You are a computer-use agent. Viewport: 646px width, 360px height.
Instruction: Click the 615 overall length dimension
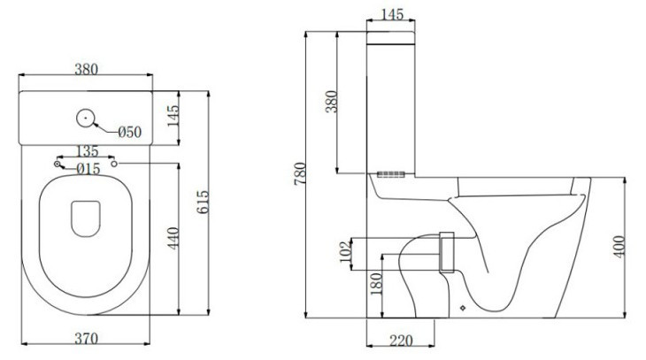tap(203, 202)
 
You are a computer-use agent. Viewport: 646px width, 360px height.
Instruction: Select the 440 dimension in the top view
tap(173, 238)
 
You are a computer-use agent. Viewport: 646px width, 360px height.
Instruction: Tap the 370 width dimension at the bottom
tap(87, 339)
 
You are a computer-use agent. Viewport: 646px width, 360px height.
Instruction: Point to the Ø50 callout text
tap(130, 132)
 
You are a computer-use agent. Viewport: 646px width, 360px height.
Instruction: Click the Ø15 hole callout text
tap(88, 168)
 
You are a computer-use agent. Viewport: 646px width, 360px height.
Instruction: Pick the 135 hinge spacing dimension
tap(88, 151)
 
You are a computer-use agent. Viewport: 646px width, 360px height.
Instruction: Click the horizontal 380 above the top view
tap(87, 69)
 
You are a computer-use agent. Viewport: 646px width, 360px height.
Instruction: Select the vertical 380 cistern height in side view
tap(331, 102)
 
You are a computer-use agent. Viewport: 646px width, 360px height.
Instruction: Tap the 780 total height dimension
tap(300, 173)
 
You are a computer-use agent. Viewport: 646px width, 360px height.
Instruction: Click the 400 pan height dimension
tap(619, 247)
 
